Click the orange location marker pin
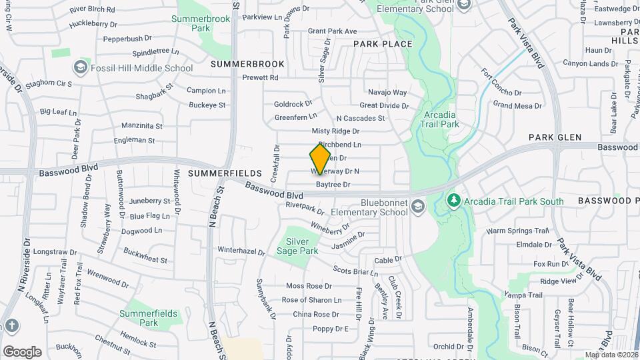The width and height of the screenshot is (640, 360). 320,159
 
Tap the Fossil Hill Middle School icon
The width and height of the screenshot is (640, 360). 81,67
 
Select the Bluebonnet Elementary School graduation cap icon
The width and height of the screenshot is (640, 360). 417,207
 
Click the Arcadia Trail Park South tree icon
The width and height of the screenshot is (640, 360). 454,200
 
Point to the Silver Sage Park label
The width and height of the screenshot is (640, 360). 297,246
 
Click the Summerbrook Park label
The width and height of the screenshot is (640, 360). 201,24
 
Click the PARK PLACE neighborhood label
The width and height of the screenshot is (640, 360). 383,44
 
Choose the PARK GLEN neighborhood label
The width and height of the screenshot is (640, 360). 556,137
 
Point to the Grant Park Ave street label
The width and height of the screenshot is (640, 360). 333,31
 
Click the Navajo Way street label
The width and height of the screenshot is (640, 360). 387,93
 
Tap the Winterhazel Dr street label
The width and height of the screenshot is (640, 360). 241,250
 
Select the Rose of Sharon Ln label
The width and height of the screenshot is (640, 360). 311,300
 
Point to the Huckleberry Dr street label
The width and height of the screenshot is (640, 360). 93,23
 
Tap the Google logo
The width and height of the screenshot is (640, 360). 22,351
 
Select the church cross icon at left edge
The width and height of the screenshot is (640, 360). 11,325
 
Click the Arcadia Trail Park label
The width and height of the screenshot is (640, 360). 441,119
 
